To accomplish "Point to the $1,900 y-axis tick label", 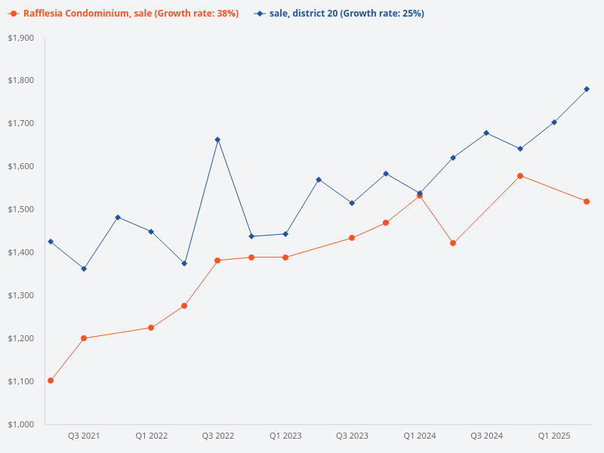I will [21, 38].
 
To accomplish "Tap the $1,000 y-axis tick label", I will [21, 424].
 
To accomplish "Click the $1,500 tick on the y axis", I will [21, 209].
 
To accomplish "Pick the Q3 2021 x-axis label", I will [84, 436].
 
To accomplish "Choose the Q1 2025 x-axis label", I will [553, 436].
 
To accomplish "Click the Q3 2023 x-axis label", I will [352, 436].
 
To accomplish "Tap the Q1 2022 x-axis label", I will [151, 436].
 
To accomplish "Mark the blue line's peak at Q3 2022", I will [217, 140].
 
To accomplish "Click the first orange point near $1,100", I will [51, 381].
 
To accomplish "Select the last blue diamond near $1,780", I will [587, 89].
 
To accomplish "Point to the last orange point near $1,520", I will [587, 202].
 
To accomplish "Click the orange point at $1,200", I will [84, 338].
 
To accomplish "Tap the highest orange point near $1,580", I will [520, 176].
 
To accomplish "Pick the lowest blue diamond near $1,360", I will [84, 269].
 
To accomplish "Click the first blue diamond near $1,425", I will [51, 242].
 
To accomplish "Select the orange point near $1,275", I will [184, 306].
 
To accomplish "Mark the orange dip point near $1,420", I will [453, 243].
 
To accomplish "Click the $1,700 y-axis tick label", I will [21, 123].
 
